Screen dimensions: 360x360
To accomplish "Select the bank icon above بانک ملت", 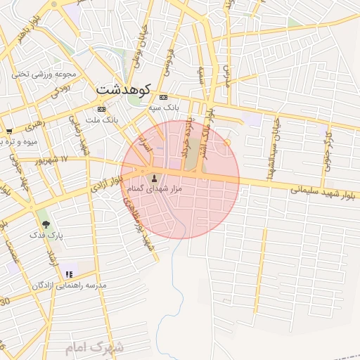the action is pyautogui.click(x=101, y=109).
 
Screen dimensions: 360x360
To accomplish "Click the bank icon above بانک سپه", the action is pyautogui.click(x=163, y=97).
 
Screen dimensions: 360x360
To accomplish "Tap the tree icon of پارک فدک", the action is pyautogui.click(x=46, y=224).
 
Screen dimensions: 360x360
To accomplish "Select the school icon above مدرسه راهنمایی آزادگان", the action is pyautogui.click(x=68, y=274).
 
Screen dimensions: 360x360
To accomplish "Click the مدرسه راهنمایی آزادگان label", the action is pyautogui.click(x=68, y=285).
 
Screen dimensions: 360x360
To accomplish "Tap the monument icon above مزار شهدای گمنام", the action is pyautogui.click(x=155, y=177).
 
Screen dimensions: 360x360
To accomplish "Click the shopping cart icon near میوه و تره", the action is pyautogui.click(x=8, y=131).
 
